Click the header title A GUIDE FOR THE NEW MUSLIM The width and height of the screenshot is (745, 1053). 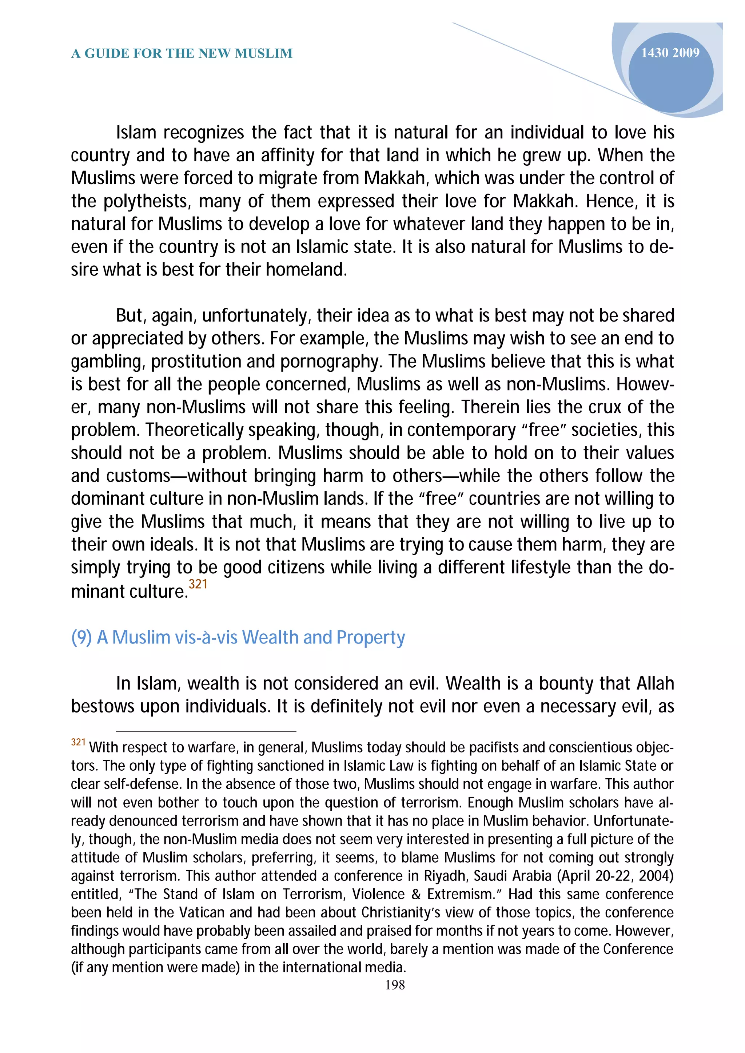(x=182, y=54)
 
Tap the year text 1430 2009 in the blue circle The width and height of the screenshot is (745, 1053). (x=670, y=53)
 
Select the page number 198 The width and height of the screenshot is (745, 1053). (x=395, y=985)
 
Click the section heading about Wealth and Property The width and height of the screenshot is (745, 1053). (x=238, y=637)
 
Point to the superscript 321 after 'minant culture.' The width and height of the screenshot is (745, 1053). (x=198, y=584)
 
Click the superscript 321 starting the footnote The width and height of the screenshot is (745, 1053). (x=78, y=742)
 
